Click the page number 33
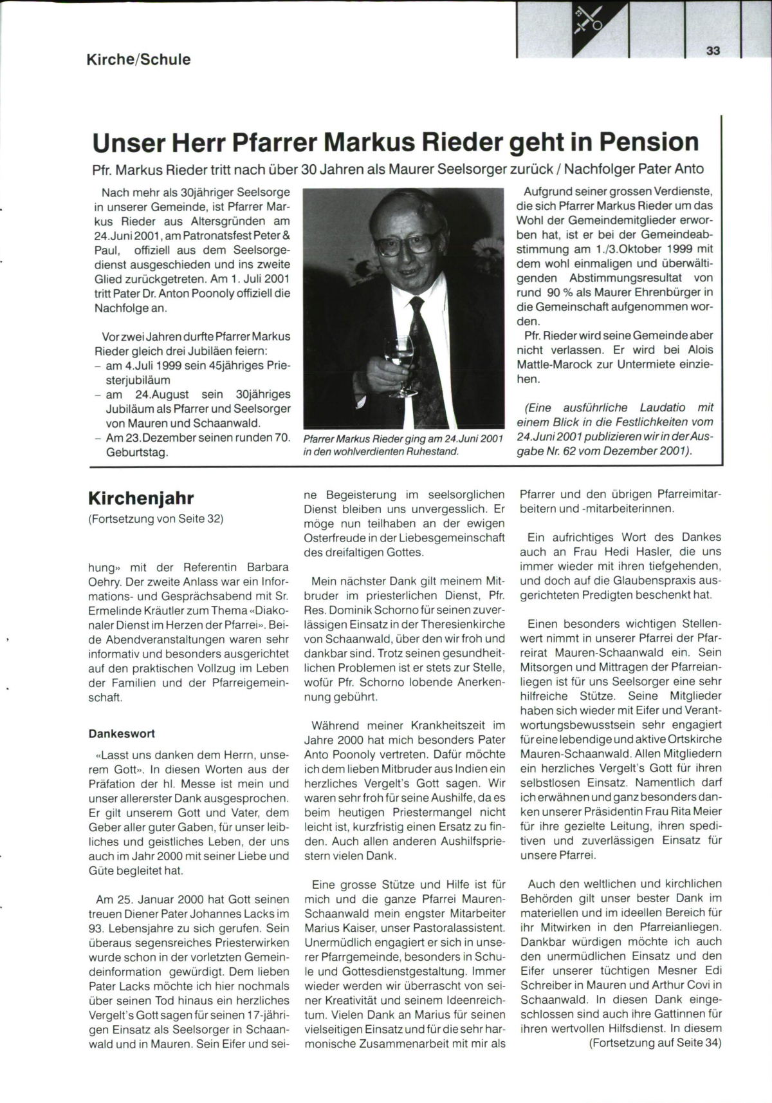click(713, 52)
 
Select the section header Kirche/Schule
click(139, 60)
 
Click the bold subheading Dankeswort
click(122, 733)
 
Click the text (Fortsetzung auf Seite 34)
click(655, 1042)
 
